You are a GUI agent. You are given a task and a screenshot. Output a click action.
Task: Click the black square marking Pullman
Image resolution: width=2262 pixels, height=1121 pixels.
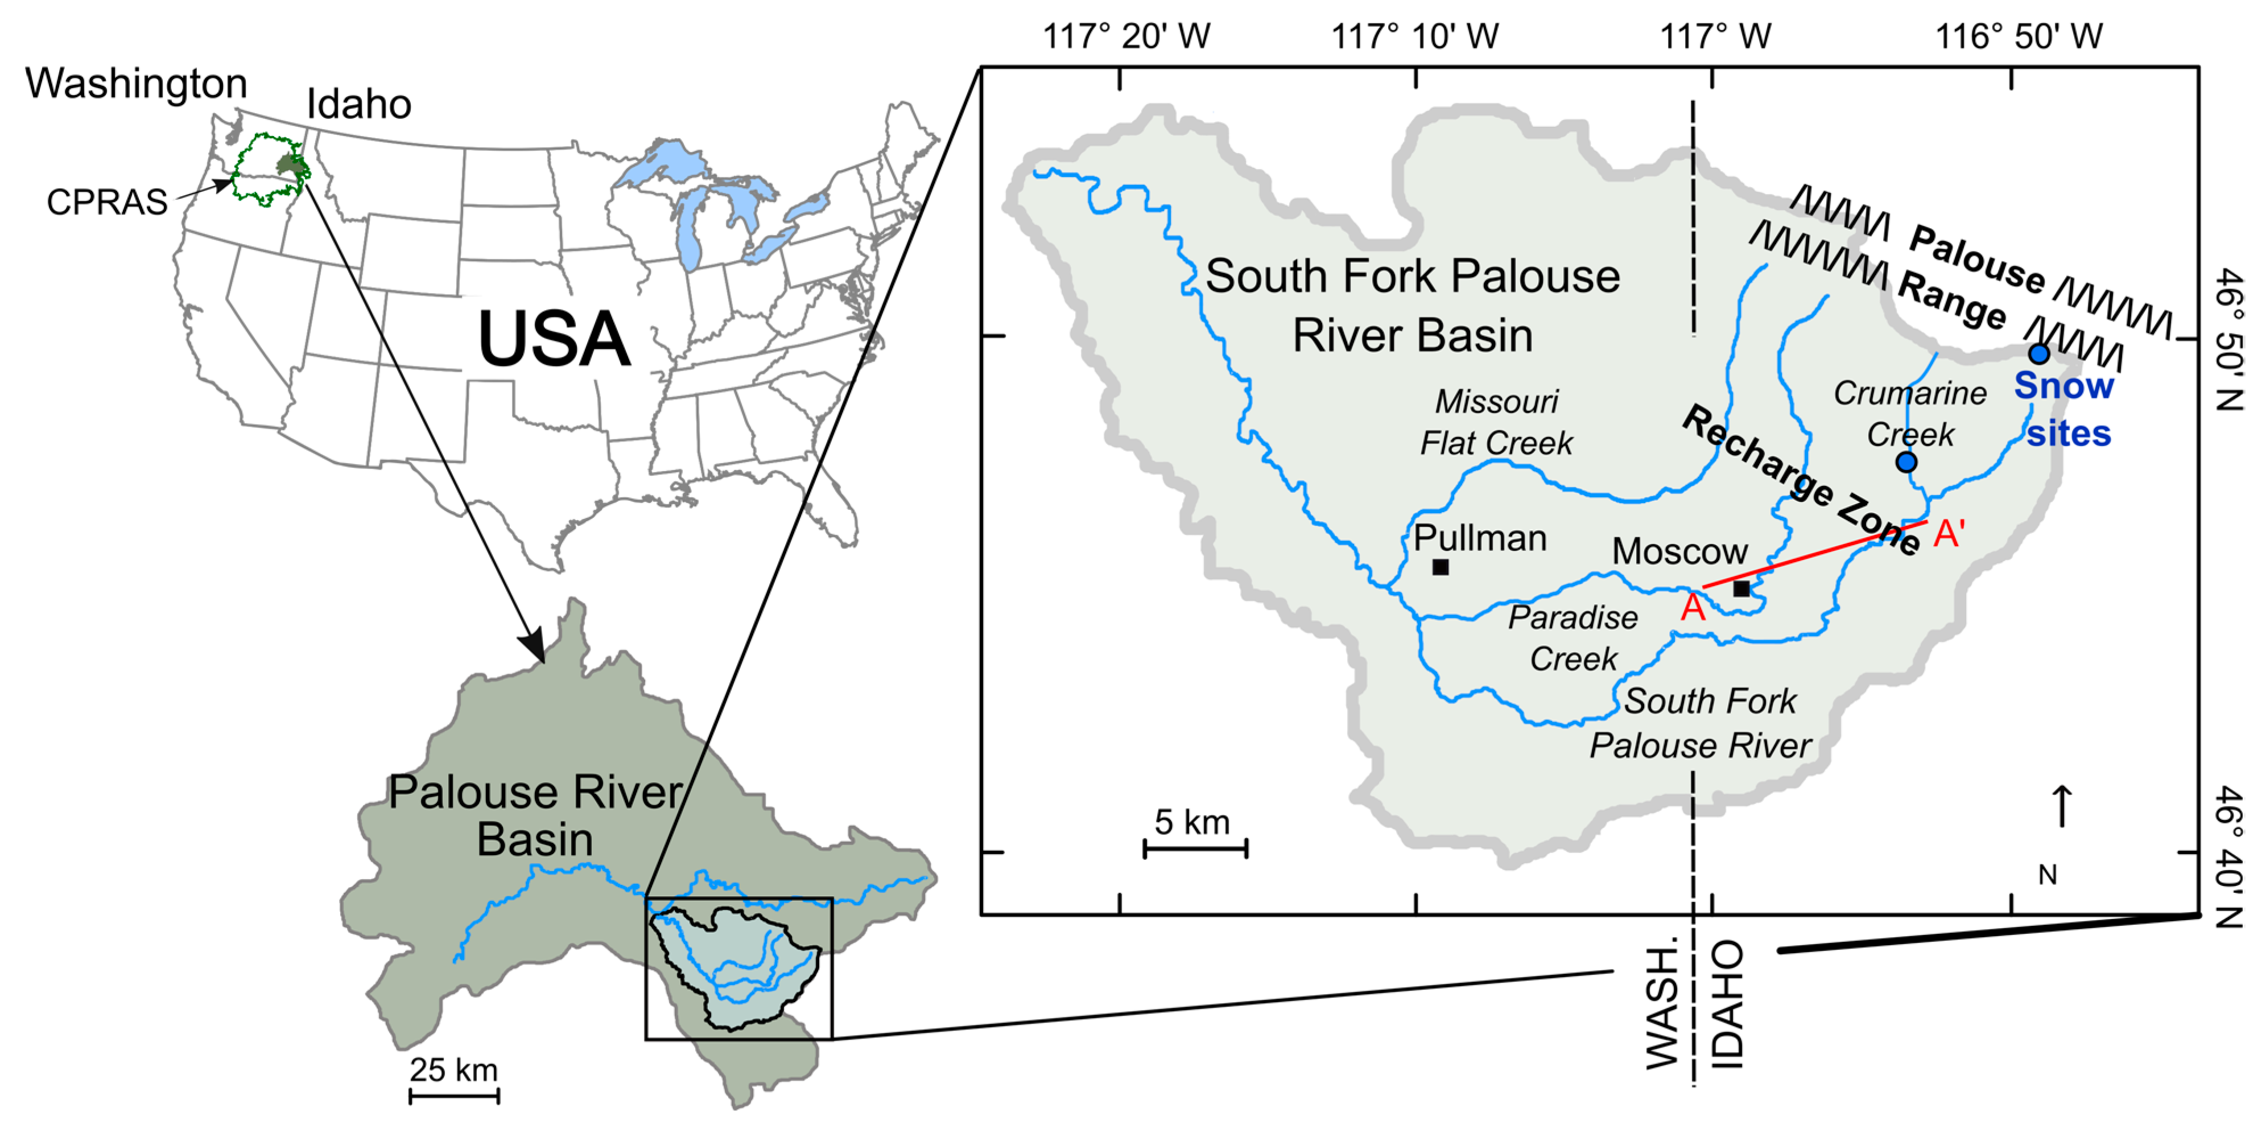tap(1440, 567)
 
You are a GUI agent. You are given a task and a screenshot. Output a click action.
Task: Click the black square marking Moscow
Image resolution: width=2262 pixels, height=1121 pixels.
tap(1741, 588)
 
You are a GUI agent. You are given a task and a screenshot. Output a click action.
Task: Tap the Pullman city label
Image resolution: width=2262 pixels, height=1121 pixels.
tap(1480, 538)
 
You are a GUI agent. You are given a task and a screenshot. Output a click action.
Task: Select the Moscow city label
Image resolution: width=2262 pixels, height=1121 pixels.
tap(1679, 552)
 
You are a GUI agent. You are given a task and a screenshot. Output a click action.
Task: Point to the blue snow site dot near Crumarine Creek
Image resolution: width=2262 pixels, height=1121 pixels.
tap(1905, 461)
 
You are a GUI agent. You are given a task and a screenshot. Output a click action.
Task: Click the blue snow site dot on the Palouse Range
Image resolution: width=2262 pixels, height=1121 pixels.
tap(2039, 354)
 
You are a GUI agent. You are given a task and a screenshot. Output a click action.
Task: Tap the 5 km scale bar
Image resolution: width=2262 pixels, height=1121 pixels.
tap(1195, 848)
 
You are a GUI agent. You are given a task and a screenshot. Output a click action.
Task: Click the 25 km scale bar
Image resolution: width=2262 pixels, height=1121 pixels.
tap(454, 1095)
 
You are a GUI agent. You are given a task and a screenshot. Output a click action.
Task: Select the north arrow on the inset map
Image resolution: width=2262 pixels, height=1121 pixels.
tap(2061, 806)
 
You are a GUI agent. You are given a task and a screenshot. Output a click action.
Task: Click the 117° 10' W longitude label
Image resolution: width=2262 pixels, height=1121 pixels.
tap(1415, 37)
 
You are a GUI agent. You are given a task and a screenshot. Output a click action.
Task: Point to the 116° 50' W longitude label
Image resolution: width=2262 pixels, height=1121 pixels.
tap(2019, 37)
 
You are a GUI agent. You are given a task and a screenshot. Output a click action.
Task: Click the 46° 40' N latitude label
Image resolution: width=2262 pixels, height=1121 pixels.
tap(2230, 856)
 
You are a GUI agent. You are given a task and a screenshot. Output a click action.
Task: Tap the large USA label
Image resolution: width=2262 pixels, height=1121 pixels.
tap(553, 339)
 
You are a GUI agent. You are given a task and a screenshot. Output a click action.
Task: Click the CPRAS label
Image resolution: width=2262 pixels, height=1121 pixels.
tap(107, 202)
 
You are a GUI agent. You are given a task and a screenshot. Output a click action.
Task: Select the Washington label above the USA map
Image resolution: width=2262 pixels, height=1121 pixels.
tap(136, 84)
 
